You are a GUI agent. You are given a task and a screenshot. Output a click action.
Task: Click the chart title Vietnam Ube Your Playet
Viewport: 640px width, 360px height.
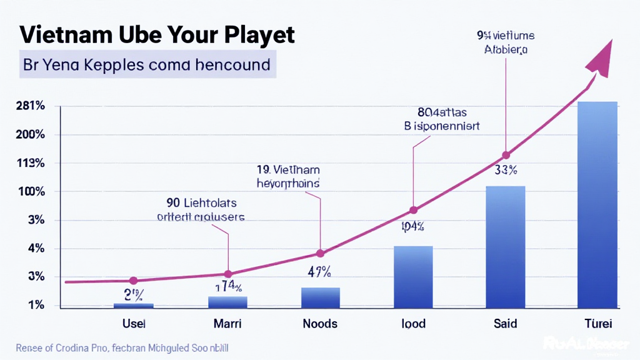click(157, 34)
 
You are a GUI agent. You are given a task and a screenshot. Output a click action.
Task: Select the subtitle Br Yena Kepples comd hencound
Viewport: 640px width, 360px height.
click(147, 64)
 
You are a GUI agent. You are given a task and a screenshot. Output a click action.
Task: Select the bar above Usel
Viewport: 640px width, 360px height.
click(133, 305)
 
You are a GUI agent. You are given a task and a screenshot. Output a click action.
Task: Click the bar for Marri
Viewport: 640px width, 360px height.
click(227, 302)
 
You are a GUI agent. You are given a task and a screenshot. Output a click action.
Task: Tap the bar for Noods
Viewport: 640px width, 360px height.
click(321, 297)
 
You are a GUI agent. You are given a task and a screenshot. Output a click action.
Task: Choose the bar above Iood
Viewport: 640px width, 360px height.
click(413, 276)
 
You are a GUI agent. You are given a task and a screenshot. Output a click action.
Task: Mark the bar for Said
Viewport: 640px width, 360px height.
click(506, 247)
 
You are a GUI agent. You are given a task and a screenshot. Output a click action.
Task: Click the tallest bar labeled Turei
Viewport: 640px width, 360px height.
click(597, 204)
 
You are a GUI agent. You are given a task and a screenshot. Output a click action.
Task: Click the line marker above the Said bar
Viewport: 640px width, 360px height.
click(506, 155)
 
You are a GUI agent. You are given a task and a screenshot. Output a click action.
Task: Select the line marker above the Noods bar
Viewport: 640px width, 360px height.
click(321, 253)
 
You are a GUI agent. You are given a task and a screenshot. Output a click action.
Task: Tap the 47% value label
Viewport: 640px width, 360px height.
click(319, 272)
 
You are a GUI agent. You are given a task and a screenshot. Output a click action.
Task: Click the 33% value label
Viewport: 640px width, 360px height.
click(505, 170)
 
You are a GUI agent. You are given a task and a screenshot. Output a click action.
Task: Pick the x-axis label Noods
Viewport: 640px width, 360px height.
click(320, 323)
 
